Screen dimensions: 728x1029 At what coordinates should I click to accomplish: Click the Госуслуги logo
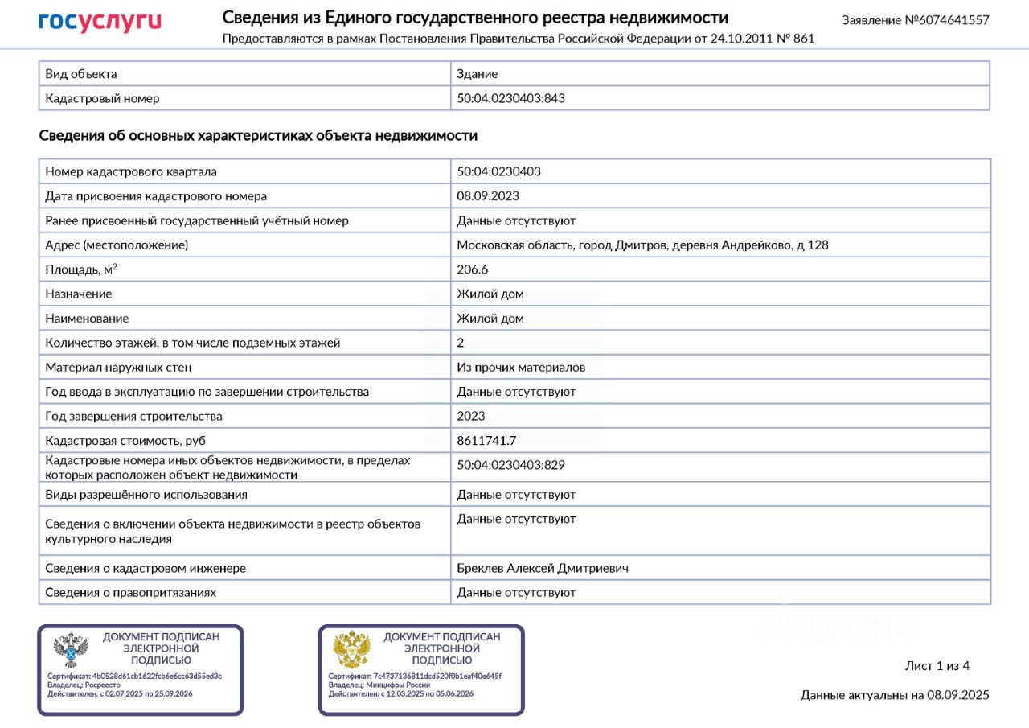[100, 22]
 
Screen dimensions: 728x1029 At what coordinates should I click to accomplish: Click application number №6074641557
[915, 20]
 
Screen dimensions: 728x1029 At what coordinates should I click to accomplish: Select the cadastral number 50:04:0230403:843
[516, 98]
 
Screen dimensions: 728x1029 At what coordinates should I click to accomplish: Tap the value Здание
[478, 74]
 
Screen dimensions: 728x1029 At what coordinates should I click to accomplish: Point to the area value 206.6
[473, 269]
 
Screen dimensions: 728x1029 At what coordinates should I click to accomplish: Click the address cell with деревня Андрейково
[642, 245]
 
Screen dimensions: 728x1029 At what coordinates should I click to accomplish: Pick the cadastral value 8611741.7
[486, 441]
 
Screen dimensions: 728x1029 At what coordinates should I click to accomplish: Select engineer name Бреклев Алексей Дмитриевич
[543, 568]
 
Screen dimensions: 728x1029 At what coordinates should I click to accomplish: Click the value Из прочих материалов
[521, 368]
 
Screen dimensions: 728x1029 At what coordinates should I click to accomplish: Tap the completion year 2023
[471, 416]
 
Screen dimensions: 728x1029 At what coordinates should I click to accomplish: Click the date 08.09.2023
[488, 196]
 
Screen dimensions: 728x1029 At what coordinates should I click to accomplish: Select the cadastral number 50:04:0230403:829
[516, 465]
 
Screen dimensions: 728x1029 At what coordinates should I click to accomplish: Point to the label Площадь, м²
[81, 269]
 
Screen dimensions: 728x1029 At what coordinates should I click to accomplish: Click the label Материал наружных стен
[118, 368]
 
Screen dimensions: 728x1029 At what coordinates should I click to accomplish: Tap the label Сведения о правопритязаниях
[130, 592]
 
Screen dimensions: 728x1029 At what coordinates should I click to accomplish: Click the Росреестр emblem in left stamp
[71, 649]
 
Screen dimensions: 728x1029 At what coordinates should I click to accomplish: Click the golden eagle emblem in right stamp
[351, 649]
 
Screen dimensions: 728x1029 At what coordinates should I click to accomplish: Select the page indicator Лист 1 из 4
[937, 666]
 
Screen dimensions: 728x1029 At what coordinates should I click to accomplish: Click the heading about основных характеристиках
[258, 135]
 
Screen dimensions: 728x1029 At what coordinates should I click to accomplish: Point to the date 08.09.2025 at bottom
[957, 695]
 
